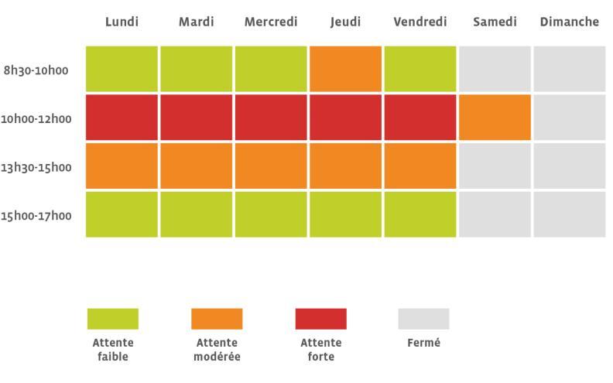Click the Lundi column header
coord(122,22)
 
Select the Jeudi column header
coord(345,22)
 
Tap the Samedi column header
coord(495,22)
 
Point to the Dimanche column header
coord(569,22)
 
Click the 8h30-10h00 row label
coord(36,70)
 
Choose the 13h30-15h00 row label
coord(36,167)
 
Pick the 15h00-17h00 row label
coord(36,215)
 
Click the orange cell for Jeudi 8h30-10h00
coord(345,69)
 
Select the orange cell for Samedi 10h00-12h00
coord(495,118)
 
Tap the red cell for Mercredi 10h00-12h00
coord(271,118)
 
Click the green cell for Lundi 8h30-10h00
coord(122,69)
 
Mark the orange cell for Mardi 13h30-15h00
coord(197,166)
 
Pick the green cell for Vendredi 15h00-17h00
coord(420,214)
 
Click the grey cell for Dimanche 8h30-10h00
coord(569,69)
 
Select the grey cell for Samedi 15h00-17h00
coord(495,214)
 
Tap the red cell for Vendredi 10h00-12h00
coord(420,118)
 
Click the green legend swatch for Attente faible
coord(113,319)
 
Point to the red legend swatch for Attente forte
coord(320,319)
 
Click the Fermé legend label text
coord(423,343)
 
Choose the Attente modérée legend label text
coord(217,350)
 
